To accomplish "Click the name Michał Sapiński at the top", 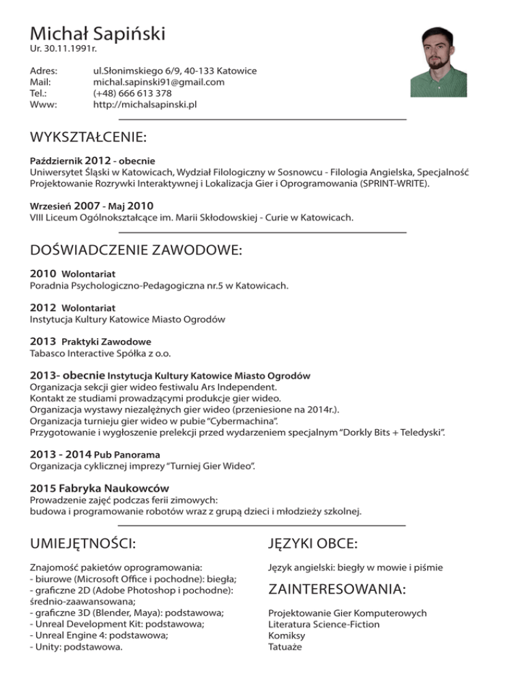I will coord(98,32).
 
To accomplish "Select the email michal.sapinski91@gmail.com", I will coord(158,82).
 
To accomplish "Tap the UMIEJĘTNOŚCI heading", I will coord(83,544).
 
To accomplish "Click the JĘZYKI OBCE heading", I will coord(313,544).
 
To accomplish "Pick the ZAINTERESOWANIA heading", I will coord(337,589).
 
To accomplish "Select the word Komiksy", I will coord(287,635).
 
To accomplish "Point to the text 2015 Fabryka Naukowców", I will coord(100,488).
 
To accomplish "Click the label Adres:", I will coord(44,71).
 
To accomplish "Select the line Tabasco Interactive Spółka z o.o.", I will coord(100,353).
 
